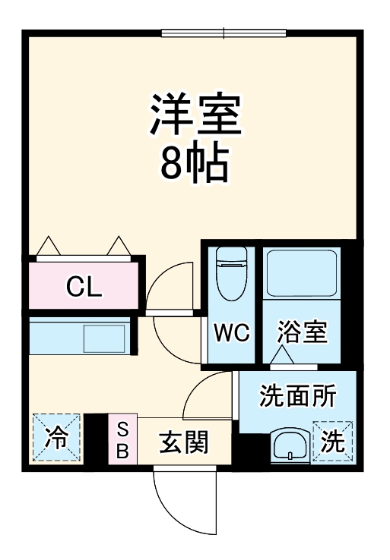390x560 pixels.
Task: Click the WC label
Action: pyautogui.click(x=230, y=333)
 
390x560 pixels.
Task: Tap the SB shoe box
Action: pyautogui.click(x=122, y=441)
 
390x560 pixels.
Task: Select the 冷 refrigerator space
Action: pyautogui.click(x=55, y=438)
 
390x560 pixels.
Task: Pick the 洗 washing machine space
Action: pyautogui.click(x=332, y=440)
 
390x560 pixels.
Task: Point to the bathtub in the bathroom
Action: pyautogui.click(x=301, y=274)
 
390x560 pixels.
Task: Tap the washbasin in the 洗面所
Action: pyautogui.click(x=289, y=445)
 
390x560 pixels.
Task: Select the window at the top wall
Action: pyautogui.click(x=224, y=33)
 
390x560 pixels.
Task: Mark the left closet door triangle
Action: pyautogui.click(x=49, y=246)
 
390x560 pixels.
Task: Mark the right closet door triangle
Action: pyautogui.click(x=119, y=246)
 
